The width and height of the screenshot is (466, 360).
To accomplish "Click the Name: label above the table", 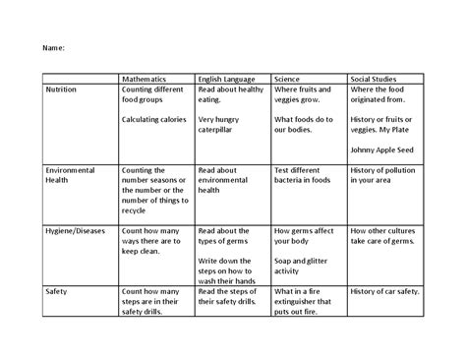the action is point(52,46).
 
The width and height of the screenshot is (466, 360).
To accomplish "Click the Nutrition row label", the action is point(63,89).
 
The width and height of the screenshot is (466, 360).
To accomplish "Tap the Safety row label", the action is point(56,291).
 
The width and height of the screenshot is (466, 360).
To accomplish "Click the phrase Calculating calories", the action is point(154,120).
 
